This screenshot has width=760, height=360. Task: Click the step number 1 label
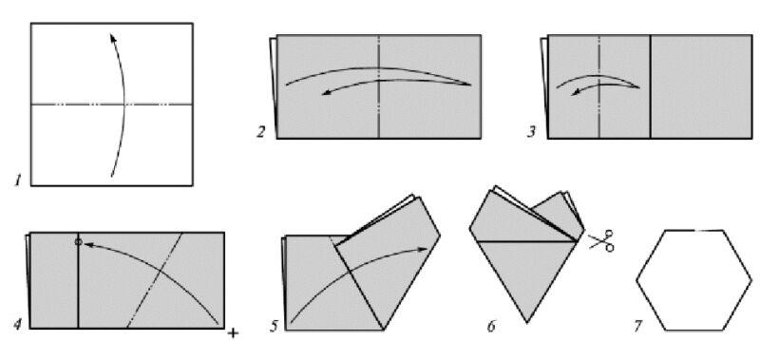click(x=18, y=181)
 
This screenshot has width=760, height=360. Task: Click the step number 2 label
click(x=260, y=132)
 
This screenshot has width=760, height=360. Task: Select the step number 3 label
click(x=532, y=132)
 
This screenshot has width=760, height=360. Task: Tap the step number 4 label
click(x=17, y=324)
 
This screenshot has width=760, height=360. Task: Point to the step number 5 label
click(x=274, y=326)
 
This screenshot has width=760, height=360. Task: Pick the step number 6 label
click(x=491, y=326)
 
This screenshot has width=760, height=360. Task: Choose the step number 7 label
click(x=637, y=326)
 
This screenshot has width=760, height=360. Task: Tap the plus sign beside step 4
click(x=233, y=332)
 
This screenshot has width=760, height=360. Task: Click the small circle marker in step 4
click(x=78, y=241)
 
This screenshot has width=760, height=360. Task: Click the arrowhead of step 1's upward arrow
click(x=112, y=37)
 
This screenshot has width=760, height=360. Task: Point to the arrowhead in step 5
click(x=424, y=249)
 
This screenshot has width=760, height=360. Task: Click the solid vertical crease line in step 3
click(x=650, y=86)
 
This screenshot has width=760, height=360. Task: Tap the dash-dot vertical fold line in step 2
click(x=378, y=86)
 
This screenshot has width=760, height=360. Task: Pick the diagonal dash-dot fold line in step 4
click(x=155, y=280)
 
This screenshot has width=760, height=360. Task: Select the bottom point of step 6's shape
click(x=528, y=322)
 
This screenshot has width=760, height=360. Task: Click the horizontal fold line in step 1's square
click(x=112, y=104)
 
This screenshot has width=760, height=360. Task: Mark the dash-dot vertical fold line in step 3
click(x=599, y=86)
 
